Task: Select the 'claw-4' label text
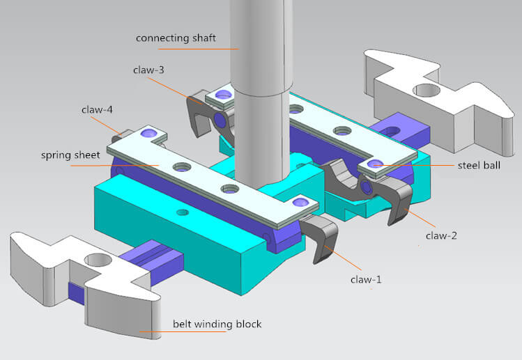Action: click(98, 109)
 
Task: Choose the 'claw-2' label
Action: click(442, 236)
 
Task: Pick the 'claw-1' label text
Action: click(367, 280)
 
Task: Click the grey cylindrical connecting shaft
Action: click(260, 104)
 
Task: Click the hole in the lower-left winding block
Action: click(99, 260)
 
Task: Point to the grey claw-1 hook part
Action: click(321, 237)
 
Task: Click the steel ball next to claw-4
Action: click(148, 132)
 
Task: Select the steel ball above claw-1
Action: click(301, 202)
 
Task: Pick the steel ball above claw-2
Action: click(374, 164)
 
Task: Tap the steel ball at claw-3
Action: click(223, 93)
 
